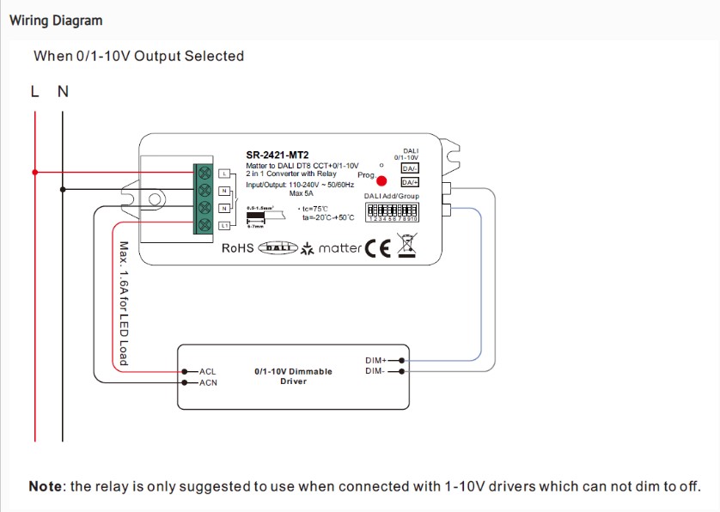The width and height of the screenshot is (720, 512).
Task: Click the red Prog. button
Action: tap(381, 181)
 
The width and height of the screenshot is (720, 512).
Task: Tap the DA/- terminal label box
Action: tap(410, 168)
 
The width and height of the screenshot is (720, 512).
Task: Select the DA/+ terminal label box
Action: tap(410, 182)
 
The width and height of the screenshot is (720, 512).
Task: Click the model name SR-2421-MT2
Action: tap(277, 155)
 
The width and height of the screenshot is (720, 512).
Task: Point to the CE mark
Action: tap(378, 248)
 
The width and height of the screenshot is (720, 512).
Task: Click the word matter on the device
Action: tap(339, 248)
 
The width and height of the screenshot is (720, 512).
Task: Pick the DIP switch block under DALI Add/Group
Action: tap(394, 211)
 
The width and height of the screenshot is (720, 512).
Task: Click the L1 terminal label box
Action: tap(224, 225)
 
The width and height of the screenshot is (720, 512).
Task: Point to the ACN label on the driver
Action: tap(209, 382)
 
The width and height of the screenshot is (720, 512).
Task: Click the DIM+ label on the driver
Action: tap(376, 361)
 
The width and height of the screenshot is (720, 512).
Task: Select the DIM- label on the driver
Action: tap(375, 371)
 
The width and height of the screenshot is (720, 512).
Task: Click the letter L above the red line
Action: tap(35, 91)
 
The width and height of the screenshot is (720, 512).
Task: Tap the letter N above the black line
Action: tap(63, 91)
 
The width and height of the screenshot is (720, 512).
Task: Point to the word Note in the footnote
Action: tap(46, 486)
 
